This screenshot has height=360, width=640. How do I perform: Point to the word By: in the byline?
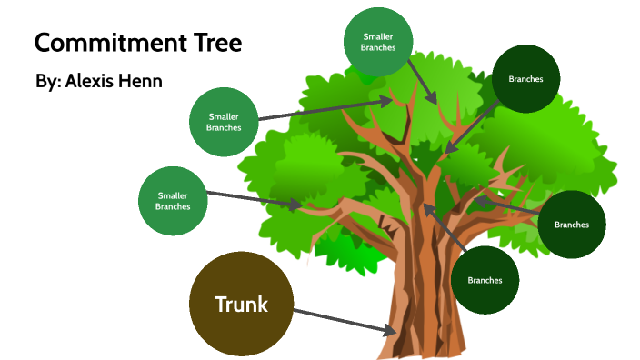[47, 81]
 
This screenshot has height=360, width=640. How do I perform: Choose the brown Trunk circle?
[241, 305]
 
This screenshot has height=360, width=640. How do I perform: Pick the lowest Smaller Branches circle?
[173, 201]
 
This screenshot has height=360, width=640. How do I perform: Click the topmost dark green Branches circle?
[525, 79]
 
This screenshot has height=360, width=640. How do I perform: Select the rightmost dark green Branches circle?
[572, 224]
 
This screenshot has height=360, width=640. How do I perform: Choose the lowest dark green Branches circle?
[485, 279]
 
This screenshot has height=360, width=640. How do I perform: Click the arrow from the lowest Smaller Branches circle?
[254, 199]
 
